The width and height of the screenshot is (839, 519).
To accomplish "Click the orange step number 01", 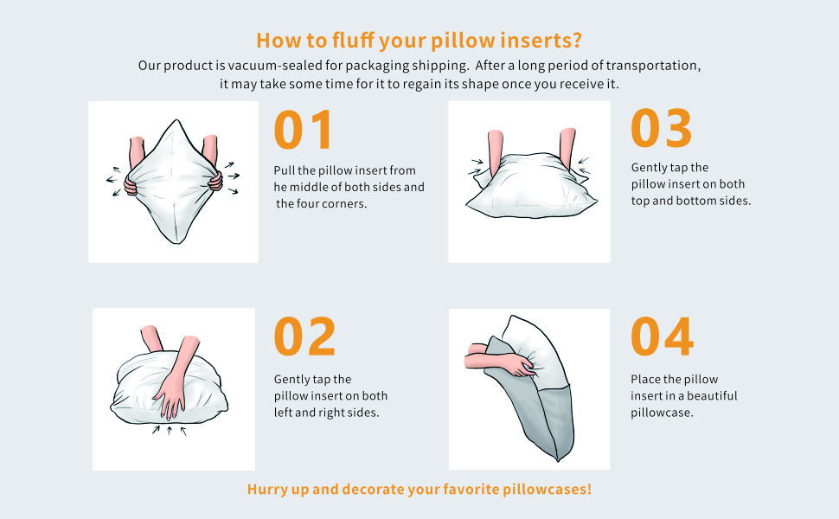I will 304,130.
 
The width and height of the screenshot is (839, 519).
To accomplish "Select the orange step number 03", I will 662,128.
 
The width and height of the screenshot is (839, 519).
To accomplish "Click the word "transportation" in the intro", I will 655,66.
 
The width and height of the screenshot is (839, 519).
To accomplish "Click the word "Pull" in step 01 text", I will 285,170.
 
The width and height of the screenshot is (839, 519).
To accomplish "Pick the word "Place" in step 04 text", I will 648,379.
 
